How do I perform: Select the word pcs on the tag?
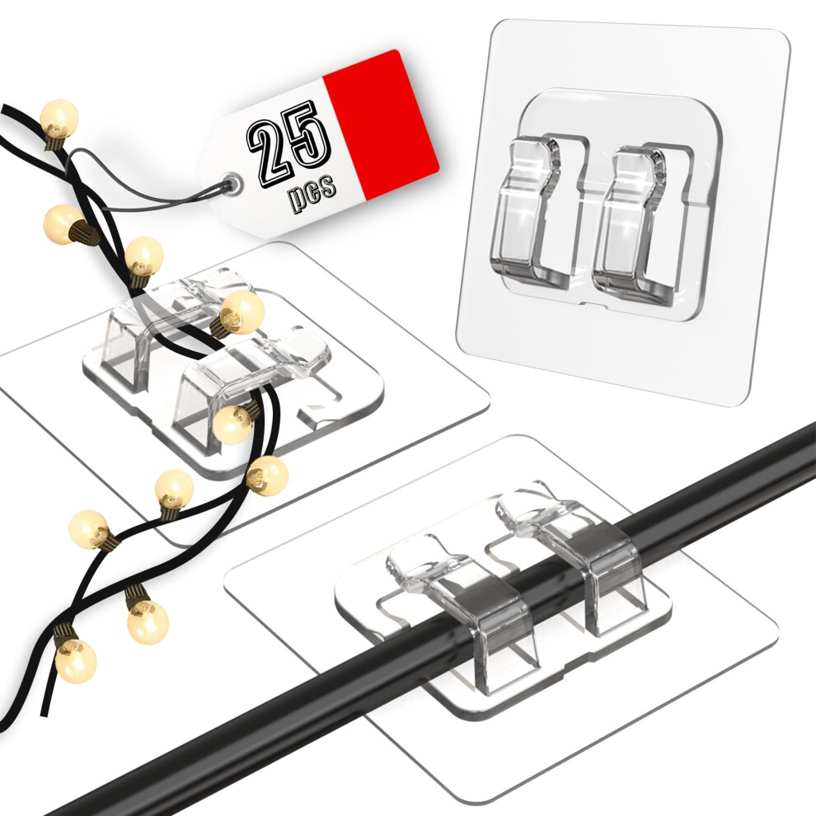[312, 193]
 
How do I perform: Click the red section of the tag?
[380, 125]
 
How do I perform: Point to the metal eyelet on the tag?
[232, 183]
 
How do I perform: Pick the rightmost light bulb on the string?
[268, 475]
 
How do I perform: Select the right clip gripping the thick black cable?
[578, 562]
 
